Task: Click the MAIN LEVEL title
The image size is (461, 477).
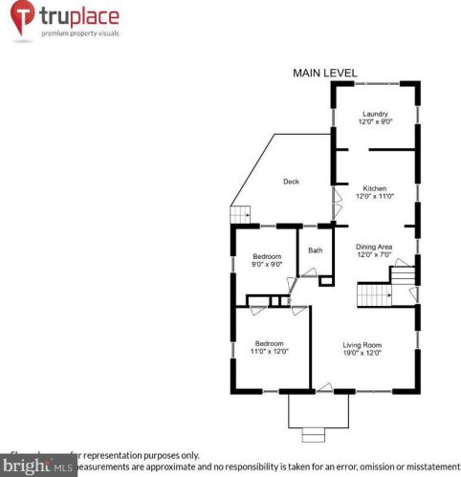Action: [324, 73]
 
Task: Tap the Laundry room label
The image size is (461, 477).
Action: [375, 115]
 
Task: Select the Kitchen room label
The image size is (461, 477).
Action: [375, 189]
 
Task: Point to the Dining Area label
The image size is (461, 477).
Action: [375, 247]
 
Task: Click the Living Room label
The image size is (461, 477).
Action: [362, 344]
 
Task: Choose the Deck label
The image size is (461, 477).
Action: [292, 182]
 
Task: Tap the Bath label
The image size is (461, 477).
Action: [315, 250]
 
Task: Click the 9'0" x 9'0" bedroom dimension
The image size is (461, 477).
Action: [267, 265]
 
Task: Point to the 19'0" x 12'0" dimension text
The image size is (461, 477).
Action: [362, 353]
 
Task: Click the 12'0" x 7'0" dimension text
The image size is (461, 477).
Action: [375, 254]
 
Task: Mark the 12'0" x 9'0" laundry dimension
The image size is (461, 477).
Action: [375, 122]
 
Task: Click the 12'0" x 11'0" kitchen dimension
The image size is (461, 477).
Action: [375, 197]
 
